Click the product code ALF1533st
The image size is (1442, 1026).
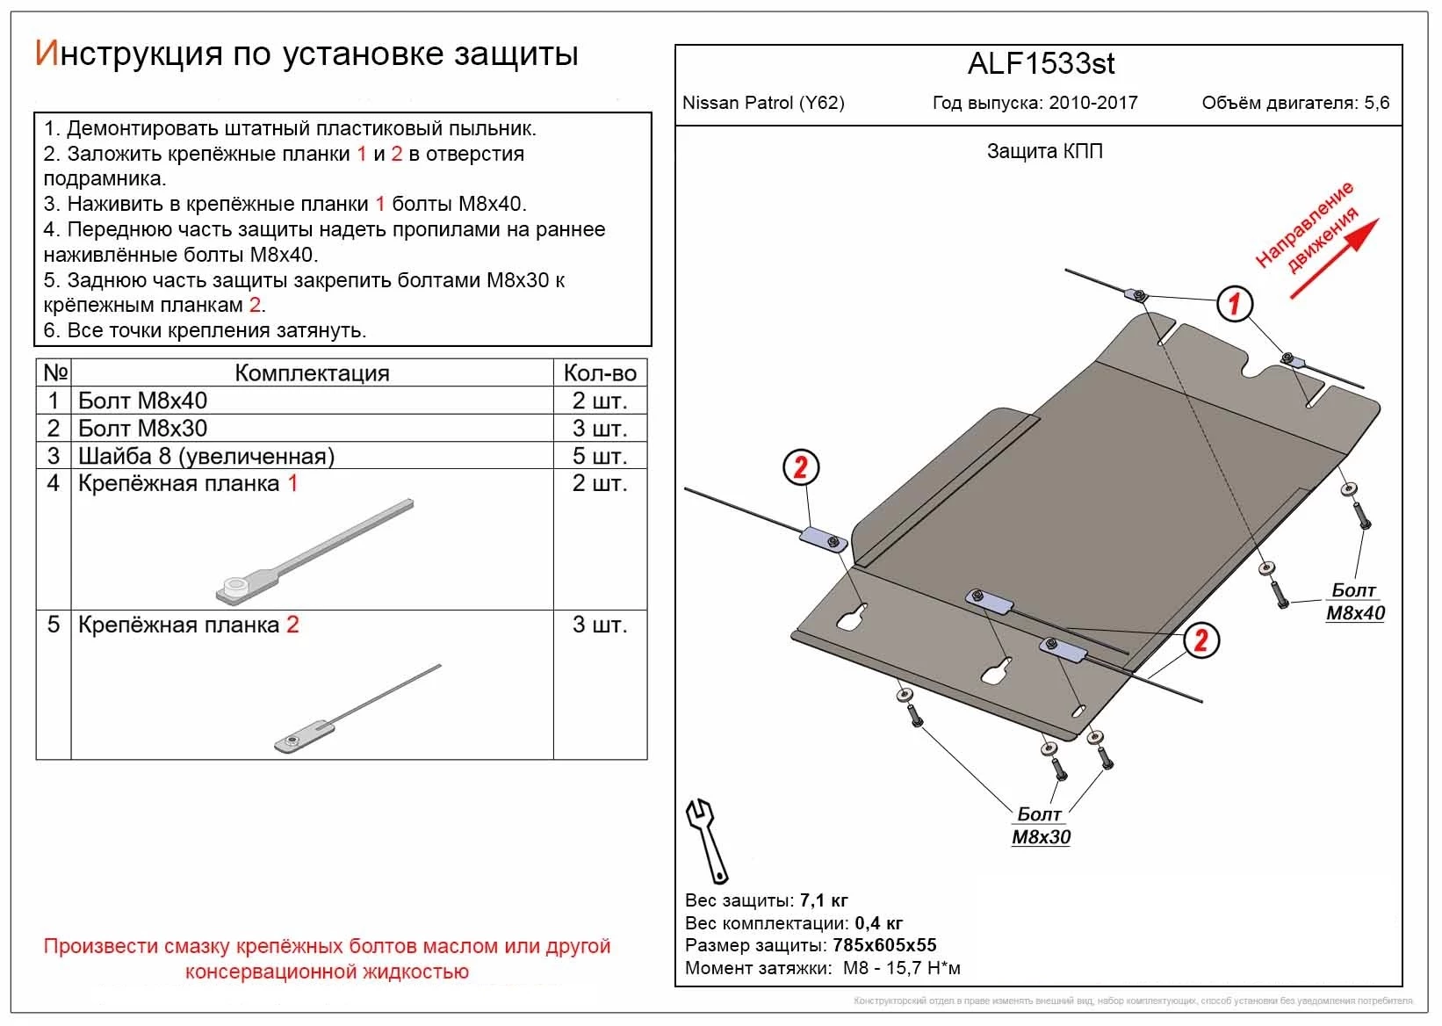coord(1041,64)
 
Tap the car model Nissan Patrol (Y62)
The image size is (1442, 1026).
coord(763,103)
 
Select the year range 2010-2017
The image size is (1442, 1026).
coord(1092,103)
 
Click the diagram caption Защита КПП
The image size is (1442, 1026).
coord(1044,151)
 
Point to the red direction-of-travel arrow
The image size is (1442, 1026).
coord(1334,259)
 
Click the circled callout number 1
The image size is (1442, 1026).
coord(1235,304)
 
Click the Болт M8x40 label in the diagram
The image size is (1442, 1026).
coord(1354,602)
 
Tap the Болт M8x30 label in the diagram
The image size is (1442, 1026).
coord(1041,826)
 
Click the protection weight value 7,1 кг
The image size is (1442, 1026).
coord(824,900)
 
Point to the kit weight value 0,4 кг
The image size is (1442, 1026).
coord(878,923)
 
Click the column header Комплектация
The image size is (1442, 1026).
coord(312,372)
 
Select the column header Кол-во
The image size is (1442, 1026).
coord(600,372)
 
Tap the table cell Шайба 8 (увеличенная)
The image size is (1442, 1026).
coord(206,456)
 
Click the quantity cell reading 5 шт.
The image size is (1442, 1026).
coord(600,456)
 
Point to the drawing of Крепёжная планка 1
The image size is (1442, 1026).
coord(314,553)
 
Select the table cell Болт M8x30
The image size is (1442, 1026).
coord(143,429)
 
